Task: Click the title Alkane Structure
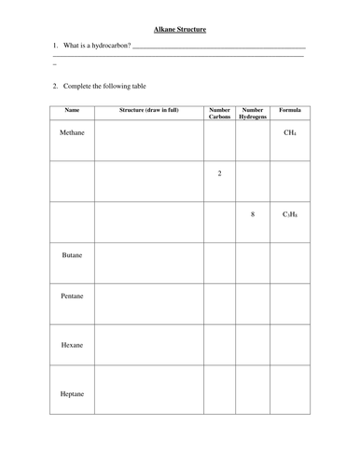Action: pos(180,30)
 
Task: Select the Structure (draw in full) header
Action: pos(149,111)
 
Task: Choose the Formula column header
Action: pos(290,111)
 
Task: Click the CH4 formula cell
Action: pos(290,133)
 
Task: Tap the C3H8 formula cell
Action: pos(290,214)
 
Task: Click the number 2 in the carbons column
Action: pos(219,173)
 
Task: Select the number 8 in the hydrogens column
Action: pos(253,214)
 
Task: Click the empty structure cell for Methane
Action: pos(149,142)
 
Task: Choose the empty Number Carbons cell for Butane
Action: pos(219,263)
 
